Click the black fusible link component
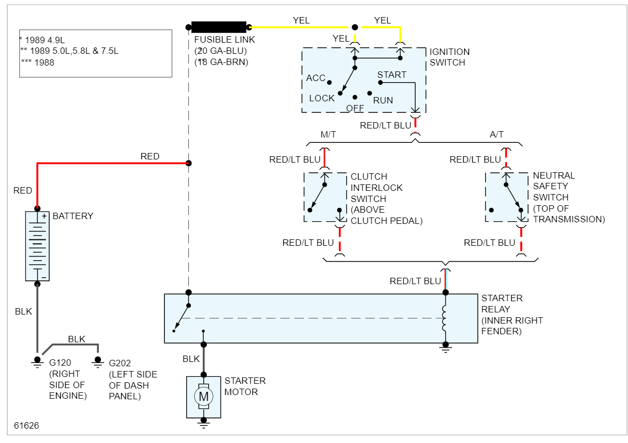coord(219,27)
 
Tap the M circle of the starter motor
coord(203,397)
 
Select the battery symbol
coord(37,246)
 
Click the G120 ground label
coord(60,363)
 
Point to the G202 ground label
coord(120,363)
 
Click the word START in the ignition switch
coord(392,75)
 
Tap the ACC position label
coord(315,78)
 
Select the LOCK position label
coord(322,98)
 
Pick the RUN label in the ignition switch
coord(383,100)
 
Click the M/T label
coord(328,134)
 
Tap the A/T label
coord(496,134)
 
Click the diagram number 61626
coord(26,426)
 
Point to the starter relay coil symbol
coord(444,318)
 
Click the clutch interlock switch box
coord(325,197)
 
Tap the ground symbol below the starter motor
coord(203,424)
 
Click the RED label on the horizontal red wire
coord(150,156)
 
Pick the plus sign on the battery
coord(44,216)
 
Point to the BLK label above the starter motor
coord(191,359)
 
